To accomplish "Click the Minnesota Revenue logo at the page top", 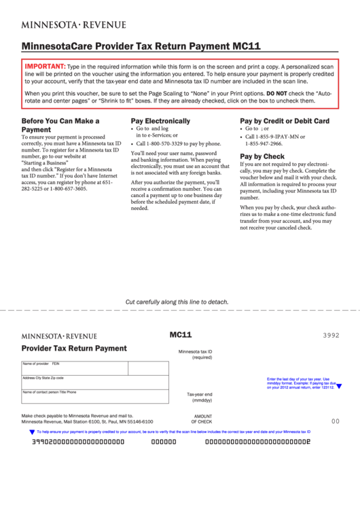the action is tap(73, 24).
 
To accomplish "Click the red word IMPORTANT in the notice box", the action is tap(45, 66).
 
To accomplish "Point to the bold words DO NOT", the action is tap(277, 92).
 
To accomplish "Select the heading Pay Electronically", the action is tap(160, 121).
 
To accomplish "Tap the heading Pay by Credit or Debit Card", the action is tap(285, 121).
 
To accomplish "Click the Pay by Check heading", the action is tap(262, 156).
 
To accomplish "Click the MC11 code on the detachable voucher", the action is tap(181, 334).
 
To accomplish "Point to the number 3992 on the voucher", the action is tap(331, 336).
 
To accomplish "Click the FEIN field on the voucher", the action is tap(148, 368).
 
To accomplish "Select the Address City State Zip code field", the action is tap(95, 383).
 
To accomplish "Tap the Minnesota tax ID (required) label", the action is tap(196, 354).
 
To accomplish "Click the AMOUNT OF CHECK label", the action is tap(202, 419).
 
